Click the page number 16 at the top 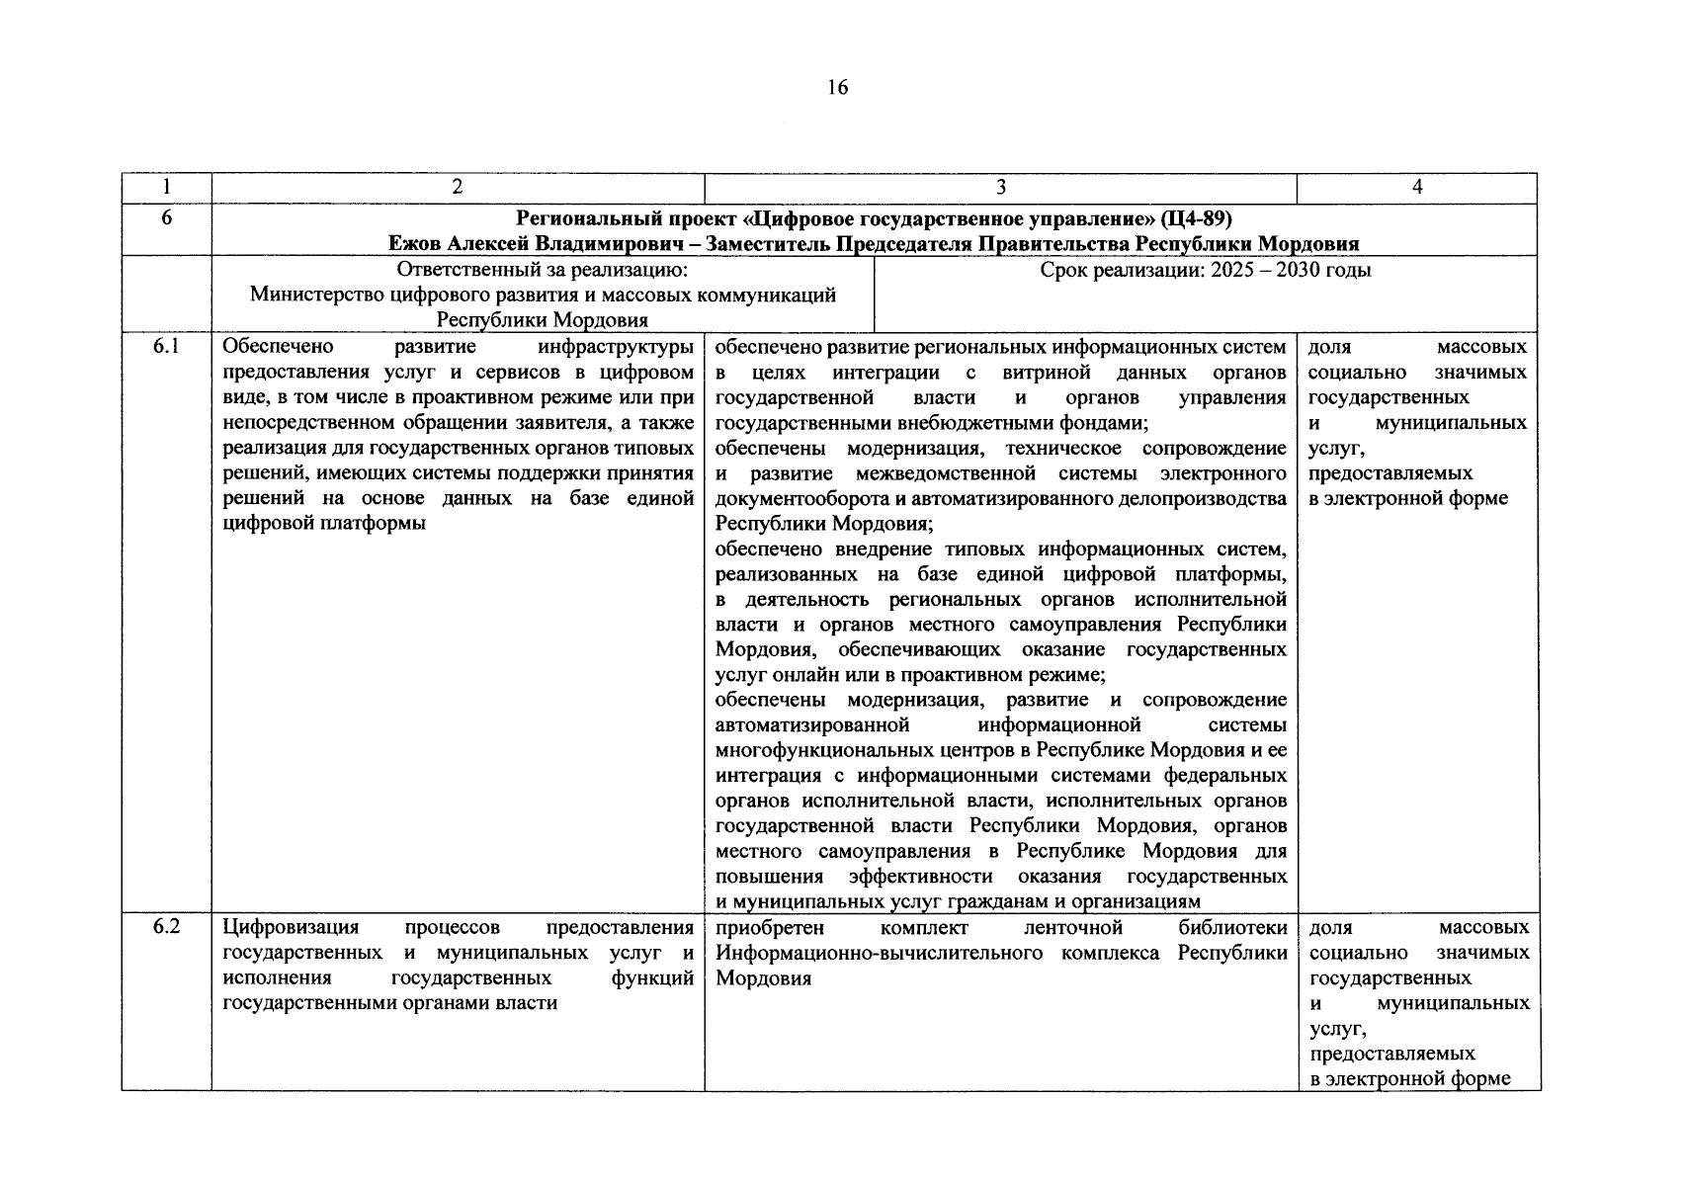tap(837, 88)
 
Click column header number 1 tap(166, 188)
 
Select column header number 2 tap(457, 188)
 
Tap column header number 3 tap(1000, 188)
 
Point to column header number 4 tap(1416, 188)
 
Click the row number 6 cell tap(166, 217)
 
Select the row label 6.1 tap(166, 347)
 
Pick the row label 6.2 tap(166, 928)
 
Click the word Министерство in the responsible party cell tap(314, 295)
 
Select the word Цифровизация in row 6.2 tap(292, 928)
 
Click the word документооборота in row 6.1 tap(798, 498)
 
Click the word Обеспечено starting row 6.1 tap(279, 347)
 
